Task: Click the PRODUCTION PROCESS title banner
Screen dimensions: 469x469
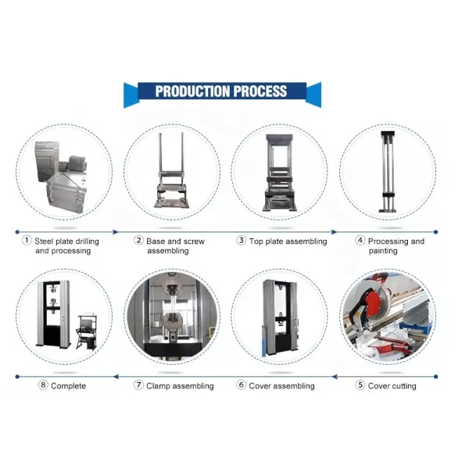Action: (221, 91)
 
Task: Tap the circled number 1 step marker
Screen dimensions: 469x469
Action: (26, 242)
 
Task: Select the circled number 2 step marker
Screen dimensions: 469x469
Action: (138, 242)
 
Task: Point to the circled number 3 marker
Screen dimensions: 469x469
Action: (242, 242)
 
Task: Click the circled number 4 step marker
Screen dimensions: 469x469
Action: (360, 242)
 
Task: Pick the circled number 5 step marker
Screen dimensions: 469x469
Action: (360, 385)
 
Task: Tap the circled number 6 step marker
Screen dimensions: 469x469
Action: (241, 385)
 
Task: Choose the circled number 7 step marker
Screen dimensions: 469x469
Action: (138, 385)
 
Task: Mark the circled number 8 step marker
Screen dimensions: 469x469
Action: (43, 385)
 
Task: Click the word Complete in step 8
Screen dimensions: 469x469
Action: (69, 386)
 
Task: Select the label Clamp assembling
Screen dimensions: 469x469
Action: (180, 386)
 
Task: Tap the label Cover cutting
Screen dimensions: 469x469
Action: (392, 386)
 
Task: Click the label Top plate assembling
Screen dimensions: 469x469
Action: (288, 242)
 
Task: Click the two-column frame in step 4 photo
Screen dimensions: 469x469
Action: (385, 172)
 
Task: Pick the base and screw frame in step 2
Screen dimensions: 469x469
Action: (171, 176)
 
